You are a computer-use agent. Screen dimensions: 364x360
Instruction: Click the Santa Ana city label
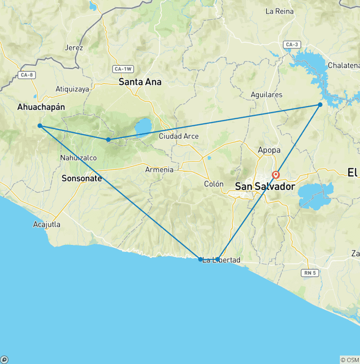tap(140, 82)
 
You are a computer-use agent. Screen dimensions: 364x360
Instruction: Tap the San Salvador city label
tap(265, 187)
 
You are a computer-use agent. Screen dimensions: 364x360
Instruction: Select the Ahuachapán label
tap(41, 107)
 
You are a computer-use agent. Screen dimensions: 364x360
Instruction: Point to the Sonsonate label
tap(82, 179)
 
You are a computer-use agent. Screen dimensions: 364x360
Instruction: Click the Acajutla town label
tap(47, 224)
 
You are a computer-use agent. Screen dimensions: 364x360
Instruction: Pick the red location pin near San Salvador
tap(276, 175)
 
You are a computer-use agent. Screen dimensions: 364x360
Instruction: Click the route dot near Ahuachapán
tap(40, 126)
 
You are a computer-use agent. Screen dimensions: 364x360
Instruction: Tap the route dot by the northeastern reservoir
tap(320, 105)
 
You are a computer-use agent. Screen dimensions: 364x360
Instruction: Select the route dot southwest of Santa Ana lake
tap(108, 140)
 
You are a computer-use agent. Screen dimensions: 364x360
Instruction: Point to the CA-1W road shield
tap(122, 69)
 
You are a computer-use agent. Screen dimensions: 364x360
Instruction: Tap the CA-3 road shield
tap(291, 45)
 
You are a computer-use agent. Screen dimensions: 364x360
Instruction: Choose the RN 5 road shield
tap(308, 273)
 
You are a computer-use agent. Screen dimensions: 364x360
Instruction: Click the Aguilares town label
tap(267, 95)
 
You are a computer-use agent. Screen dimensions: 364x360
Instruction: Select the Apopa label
tap(269, 151)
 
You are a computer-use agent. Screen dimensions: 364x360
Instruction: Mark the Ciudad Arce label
tap(179, 136)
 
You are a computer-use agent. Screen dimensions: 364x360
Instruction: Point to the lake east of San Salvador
tap(315, 196)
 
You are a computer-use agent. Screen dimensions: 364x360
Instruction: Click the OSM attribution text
tap(350, 360)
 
